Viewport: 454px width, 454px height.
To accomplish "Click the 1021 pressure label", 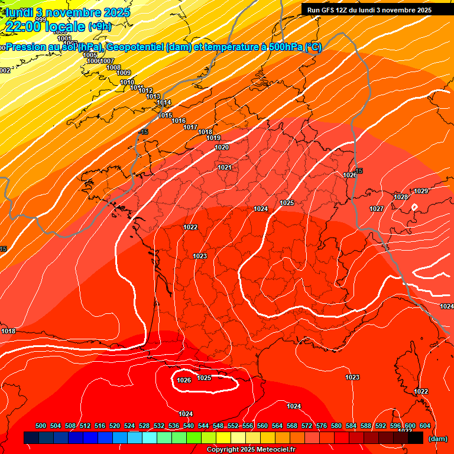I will (x=225, y=167).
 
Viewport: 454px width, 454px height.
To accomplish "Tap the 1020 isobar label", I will (x=222, y=147).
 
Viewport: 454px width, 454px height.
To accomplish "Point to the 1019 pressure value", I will (x=213, y=138).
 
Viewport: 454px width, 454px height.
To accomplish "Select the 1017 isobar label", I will (x=190, y=127).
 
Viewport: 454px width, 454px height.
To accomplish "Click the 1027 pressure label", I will (x=377, y=209).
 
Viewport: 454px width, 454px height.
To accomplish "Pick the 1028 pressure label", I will (x=401, y=197).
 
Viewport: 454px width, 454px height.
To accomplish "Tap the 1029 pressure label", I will (x=421, y=191).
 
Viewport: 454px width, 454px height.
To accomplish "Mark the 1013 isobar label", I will (x=153, y=96).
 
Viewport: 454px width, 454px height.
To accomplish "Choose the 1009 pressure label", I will (x=124, y=73).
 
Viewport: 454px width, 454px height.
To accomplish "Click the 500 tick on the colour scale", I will (x=41, y=426).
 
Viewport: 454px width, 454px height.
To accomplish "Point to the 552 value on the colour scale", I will (x=233, y=426).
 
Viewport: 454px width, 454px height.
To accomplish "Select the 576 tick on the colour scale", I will (x=322, y=426).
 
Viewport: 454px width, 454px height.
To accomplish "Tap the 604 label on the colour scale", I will (x=425, y=426).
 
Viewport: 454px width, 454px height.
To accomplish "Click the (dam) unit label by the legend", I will (x=437, y=439).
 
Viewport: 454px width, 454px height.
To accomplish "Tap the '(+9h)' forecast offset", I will (x=99, y=26).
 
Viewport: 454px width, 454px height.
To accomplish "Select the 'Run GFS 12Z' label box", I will (x=369, y=9).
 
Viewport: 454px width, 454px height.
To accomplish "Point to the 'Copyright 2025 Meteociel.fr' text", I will (x=251, y=449).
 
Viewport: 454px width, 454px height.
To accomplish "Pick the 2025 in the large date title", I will (x=111, y=12).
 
